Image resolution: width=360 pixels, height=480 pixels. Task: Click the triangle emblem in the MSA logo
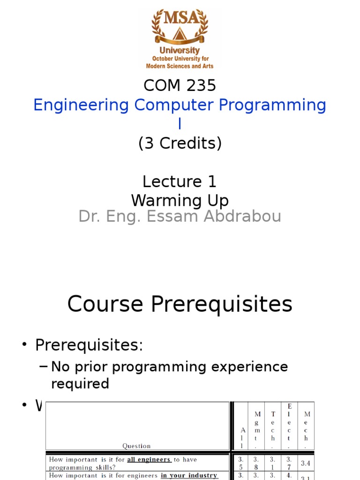coord(180,34)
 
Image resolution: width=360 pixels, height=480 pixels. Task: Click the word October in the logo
coord(164,59)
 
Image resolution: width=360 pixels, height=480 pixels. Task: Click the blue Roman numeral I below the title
coord(180,124)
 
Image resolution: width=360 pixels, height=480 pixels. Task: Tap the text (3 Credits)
coord(180,143)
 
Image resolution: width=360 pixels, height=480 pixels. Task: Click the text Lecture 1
coord(180,181)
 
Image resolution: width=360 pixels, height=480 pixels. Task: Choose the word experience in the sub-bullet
coord(249,367)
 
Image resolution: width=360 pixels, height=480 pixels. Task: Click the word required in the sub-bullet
coord(80,383)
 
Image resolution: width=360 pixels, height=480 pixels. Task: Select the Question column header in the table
coord(136,446)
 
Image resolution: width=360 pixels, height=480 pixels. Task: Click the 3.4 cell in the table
coord(306,464)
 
